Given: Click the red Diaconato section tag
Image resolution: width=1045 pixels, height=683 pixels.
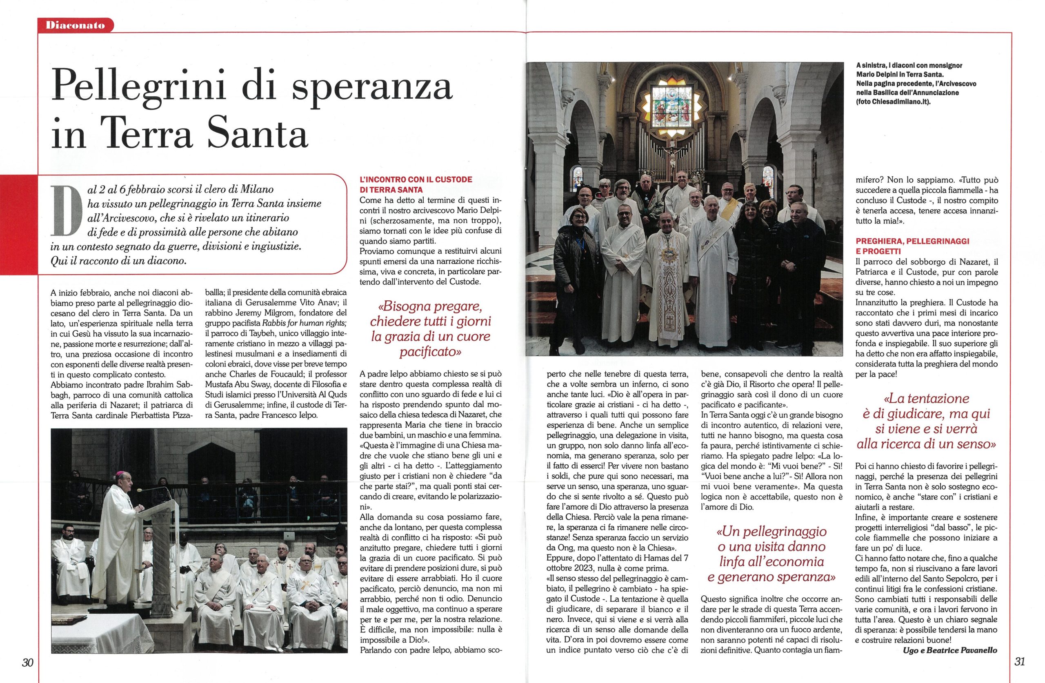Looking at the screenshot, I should coord(76,25).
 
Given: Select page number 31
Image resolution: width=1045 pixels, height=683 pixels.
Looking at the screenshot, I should coord(1020,661).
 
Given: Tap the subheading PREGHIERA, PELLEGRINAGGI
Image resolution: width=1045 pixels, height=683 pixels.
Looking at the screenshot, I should coord(912,241).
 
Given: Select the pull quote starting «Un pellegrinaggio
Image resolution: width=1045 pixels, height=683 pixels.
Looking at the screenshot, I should coord(771,554).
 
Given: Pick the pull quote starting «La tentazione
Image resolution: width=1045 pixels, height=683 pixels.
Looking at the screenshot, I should coord(927,421).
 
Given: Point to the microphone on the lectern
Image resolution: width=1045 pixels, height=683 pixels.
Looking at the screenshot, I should coord(139,490).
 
